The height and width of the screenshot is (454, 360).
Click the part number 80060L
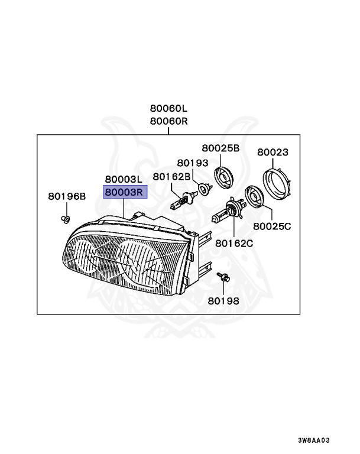168,109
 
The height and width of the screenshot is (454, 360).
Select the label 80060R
168,121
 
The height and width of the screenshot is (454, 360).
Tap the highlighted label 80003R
124,192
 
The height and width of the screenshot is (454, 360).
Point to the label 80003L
124,179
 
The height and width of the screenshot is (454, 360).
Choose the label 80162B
171,176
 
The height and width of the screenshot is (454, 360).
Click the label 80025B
220,148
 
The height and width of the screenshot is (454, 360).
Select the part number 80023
273,152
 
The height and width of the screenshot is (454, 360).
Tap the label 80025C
273,226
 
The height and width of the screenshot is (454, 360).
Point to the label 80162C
233,242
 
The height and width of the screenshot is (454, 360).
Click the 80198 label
223,300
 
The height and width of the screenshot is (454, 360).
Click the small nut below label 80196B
66,220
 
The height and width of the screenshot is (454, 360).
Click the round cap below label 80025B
223,176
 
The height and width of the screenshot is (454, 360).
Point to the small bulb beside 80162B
181,201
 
